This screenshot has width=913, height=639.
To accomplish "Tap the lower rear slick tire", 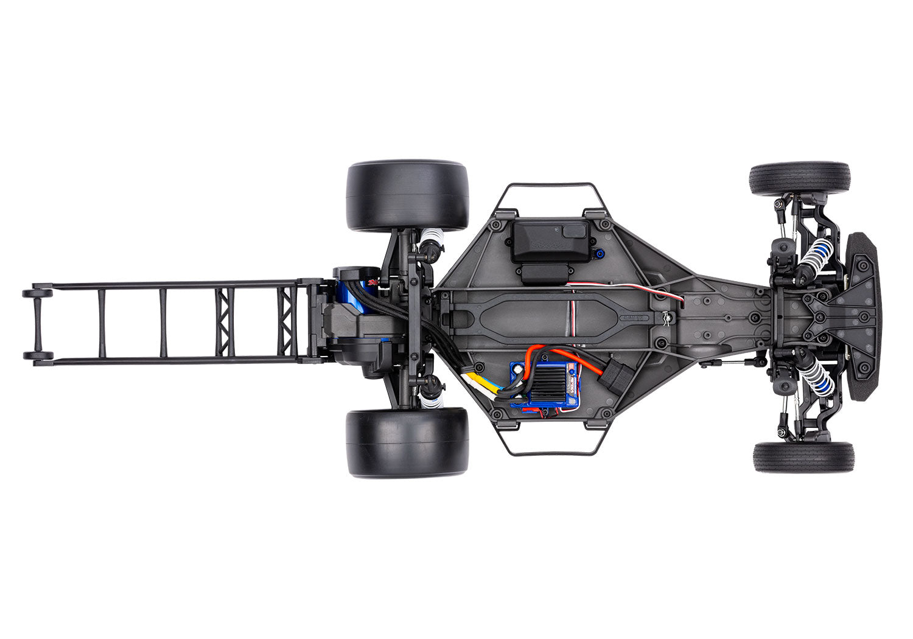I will (x=407, y=442).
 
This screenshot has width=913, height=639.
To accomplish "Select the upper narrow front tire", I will (x=800, y=178).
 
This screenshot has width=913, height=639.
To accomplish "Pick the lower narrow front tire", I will (x=803, y=457).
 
